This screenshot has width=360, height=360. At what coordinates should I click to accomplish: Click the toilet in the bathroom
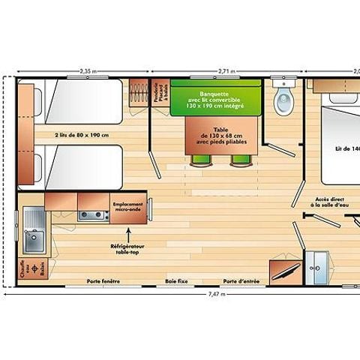(x=283, y=102)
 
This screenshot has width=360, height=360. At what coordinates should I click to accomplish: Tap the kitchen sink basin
(x=32, y=241)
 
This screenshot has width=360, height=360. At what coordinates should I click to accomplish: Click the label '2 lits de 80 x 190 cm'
(x=82, y=135)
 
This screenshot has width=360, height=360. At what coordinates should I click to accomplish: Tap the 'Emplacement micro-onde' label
(x=128, y=206)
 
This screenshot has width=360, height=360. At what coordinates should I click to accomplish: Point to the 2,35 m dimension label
(x=88, y=73)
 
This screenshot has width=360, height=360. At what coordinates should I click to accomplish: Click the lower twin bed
(x=82, y=165)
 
